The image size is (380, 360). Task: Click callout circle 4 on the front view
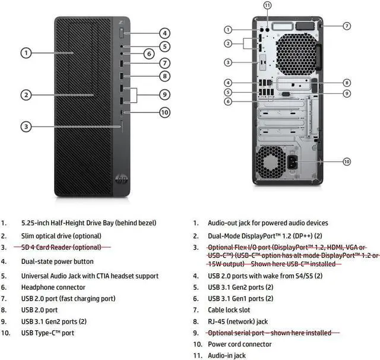click(x=164, y=33)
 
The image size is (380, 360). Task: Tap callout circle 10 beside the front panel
click(x=164, y=112)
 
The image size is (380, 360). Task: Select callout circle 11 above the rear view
click(x=267, y=5)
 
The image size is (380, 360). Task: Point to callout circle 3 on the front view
click(x=26, y=127)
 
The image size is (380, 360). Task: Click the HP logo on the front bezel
click(x=121, y=179)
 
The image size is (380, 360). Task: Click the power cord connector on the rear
click(x=293, y=162)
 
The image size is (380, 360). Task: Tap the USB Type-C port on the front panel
click(x=122, y=112)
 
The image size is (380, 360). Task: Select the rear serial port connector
click(x=286, y=94)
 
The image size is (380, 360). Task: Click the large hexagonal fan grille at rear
click(x=296, y=54)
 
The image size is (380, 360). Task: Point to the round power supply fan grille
click(x=271, y=163)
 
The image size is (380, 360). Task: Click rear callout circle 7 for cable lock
click(x=347, y=26)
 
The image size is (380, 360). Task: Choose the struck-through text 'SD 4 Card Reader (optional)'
click(x=61, y=247)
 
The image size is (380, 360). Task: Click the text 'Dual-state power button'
click(x=57, y=261)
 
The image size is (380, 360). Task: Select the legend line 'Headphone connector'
click(x=53, y=288)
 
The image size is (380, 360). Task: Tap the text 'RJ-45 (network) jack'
click(x=237, y=321)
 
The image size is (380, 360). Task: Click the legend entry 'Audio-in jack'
click(x=227, y=355)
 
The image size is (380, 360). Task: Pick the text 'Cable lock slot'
click(x=229, y=310)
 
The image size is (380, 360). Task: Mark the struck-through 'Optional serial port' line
click(x=270, y=333)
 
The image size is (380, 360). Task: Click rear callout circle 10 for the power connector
click(x=347, y=162)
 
